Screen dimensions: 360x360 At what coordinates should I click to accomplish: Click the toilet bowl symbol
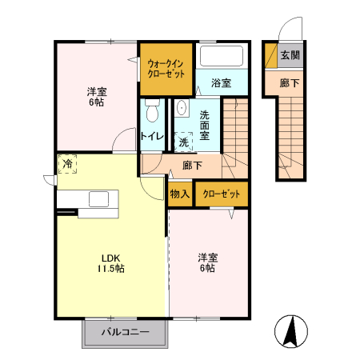(x=152, y=110)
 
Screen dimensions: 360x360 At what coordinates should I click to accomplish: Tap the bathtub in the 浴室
(x=222, y=56)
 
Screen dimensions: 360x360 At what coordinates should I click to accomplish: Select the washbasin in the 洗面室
(x=182, y=108)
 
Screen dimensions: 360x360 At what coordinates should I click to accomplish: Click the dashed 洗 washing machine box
(x=183, y=142)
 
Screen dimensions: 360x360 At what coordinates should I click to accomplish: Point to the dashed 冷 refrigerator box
(x=67, y=164)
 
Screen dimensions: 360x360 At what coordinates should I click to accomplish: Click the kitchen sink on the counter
(x=99, y=199)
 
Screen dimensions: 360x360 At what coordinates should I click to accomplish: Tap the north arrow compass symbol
(x=291, y=331)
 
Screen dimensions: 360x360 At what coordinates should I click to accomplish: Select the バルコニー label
(x=126, y=332)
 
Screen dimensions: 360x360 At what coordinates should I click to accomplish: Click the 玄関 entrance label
(x=290, y=55)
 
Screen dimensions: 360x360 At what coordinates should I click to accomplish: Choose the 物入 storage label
(x=180, y=194)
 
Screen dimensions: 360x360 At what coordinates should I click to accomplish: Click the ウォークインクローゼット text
(x=166, y=68)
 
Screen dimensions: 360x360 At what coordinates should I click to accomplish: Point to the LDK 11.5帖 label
(x=110, y=263)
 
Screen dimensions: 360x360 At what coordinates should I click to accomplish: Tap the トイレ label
(x=152, y=136)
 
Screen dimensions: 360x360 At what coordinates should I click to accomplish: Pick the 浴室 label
(x=221, y=83)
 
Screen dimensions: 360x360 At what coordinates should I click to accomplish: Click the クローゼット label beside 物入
(x=222, y=194)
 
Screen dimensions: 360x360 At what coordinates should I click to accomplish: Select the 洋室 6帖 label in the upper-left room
(x=97, y=97)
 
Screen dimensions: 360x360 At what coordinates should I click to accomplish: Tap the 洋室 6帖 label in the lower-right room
(x=208, y=262)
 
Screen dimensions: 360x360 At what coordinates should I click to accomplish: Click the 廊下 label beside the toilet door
(x=192, y=166)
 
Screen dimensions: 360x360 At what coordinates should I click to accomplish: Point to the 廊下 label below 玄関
(x=290, y=83)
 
